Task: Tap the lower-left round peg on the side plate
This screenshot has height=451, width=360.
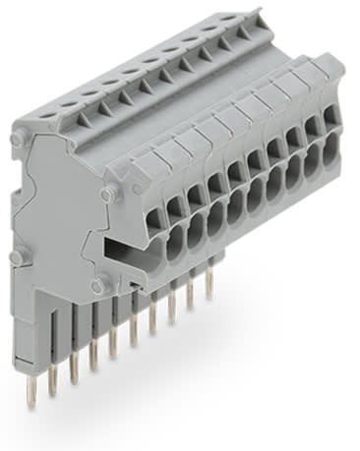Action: (18, 259)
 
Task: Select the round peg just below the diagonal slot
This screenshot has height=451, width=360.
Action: (96, 285)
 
